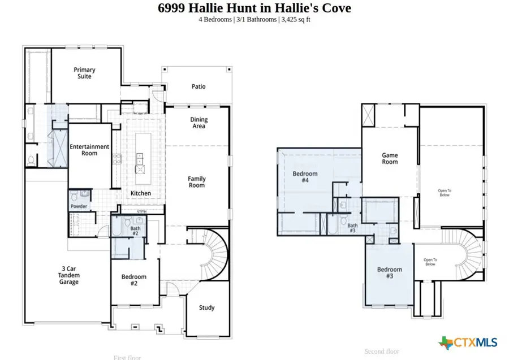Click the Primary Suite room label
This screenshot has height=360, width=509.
[84, 73]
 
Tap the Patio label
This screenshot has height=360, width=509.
[198, 86]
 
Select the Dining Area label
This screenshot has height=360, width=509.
[199, 123]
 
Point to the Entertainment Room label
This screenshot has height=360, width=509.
[89, 150]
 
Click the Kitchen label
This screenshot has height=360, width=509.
[141, 193]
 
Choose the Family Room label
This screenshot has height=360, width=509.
[197, 182]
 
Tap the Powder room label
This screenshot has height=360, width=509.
[79, 207]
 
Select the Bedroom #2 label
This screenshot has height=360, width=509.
[135, 280]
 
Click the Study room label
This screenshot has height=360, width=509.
[206, 308]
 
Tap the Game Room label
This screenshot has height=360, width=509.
[390, 158]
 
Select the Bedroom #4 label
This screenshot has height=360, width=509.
[305, 177]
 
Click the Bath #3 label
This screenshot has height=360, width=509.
[352, 228]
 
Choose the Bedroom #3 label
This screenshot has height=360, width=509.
[389, 273]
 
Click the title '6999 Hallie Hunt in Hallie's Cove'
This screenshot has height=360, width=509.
[254, 8]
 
